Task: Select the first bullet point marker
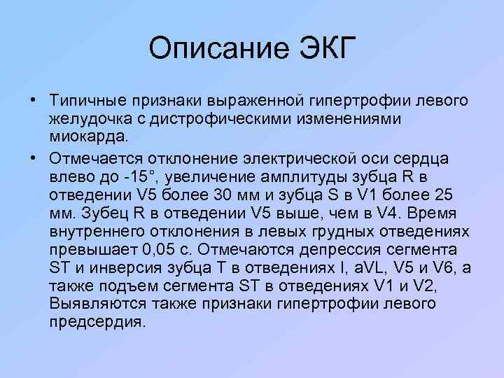pos(33,100)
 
